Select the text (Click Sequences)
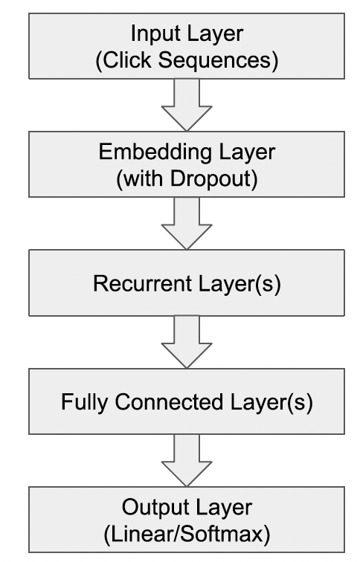tap(187, 60)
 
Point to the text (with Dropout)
tap(187, 178)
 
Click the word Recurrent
tap(142, 283)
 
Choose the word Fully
tap(84, 402)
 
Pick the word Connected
tap(169, 401)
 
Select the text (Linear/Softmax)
tap(187, 534)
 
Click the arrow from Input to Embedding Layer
tap(187, 105)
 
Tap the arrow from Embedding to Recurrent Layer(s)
tap(187, 223)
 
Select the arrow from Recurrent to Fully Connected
tap(187, 342)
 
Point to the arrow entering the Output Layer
tap(187, 461)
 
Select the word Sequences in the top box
tap(215, 61)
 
